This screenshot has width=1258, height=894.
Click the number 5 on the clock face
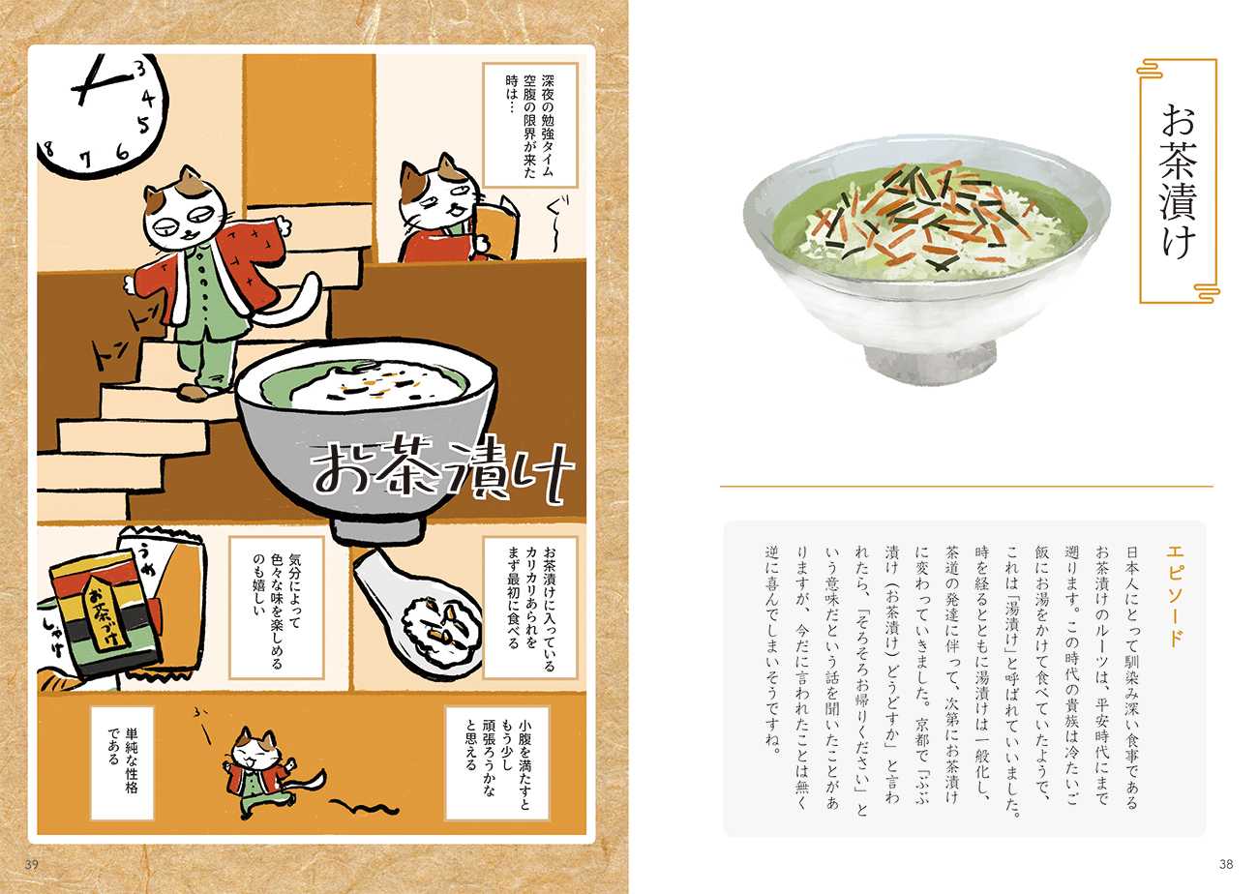[x=144, y=124]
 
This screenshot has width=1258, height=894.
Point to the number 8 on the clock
[x=49, y=149]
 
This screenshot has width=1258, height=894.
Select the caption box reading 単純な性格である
[x=123, y=762]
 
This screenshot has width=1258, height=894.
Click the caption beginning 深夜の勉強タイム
[x=530, y=125]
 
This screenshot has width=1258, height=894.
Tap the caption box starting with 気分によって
[x=277, y=608]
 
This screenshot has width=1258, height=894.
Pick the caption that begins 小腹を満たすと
[x=497, y=762]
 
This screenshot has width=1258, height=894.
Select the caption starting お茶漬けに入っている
[x=530, y=608]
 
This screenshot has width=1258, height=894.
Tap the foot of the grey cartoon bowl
[x=376, y=529]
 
